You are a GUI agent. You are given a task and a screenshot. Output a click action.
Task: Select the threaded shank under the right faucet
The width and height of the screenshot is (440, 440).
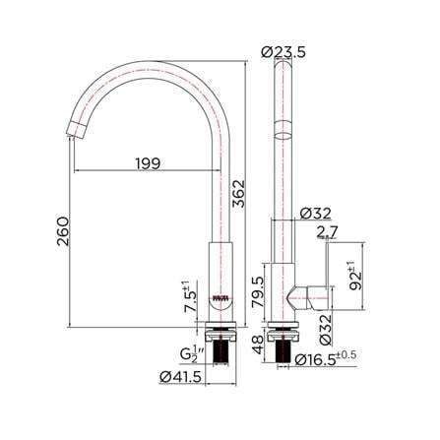tap(288, 349)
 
